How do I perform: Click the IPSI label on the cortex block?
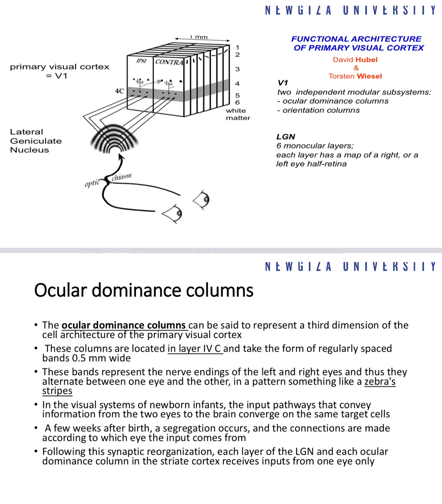coord(141,61)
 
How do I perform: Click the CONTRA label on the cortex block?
coord(169,62)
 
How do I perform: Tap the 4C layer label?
coord(120,91)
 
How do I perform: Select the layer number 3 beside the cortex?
coord(237,69)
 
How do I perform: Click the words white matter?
coord(238,114)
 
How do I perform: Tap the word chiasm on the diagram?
coord(122,177)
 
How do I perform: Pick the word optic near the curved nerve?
coord(92,183)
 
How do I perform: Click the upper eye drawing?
coord(202,199)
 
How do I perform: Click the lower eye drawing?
coord(173,214)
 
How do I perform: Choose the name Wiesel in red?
coord(369,76)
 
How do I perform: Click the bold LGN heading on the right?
coord(286,137)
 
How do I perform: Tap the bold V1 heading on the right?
coord(283,83)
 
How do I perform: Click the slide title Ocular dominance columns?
coord(143,290)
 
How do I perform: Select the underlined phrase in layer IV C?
coord(195,349)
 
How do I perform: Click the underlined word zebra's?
coord(380,382)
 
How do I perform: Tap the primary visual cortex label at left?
coord(60,67)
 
